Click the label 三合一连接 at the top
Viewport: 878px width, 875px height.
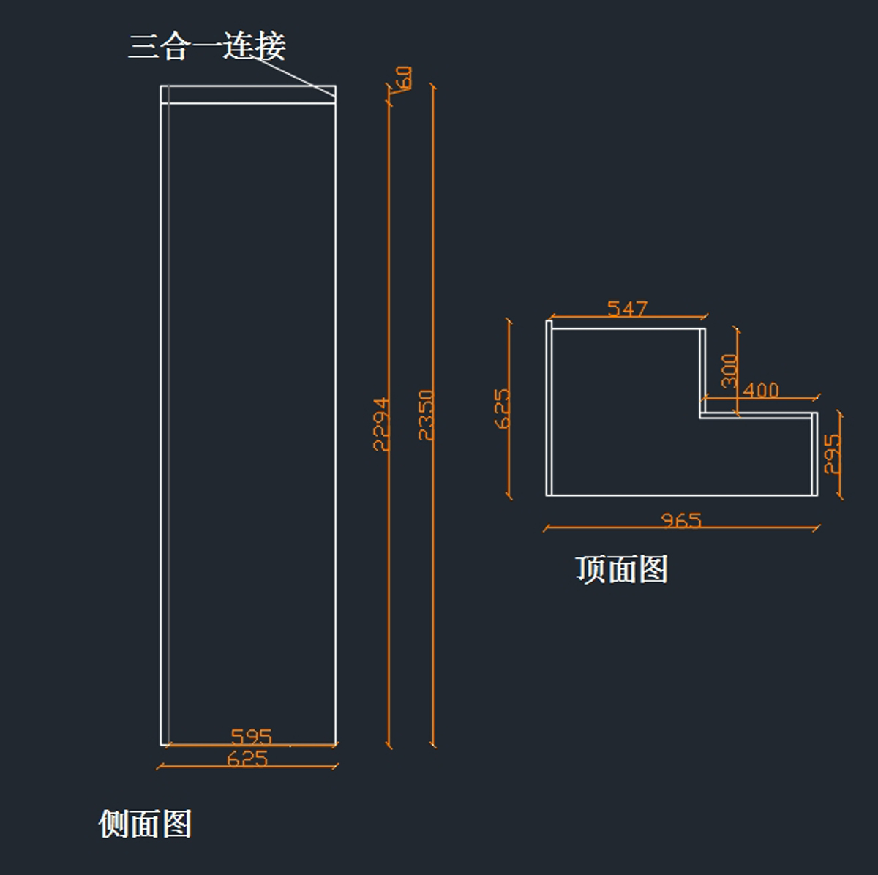pos(206,46)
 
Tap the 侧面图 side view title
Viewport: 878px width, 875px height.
pos(145,824)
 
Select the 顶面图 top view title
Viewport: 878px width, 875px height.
pos(621,569)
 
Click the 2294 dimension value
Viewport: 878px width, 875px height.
pos(381,424)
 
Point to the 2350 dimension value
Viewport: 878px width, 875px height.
pos(426,415)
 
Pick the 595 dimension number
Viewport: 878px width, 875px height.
pos(251,736)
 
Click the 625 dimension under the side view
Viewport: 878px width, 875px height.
pos(247,758)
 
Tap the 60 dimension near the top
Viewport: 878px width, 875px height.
pos(403,78)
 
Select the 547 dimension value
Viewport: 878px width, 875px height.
pos(627,309)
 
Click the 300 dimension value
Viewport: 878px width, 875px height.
pos(729,370)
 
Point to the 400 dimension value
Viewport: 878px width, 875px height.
pos(761,390)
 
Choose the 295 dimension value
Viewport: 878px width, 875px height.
pos(832,454)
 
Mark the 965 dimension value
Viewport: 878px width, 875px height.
pos(681,520)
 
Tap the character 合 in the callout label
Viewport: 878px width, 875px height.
pos(176,46)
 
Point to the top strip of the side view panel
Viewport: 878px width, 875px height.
pos(249,94)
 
